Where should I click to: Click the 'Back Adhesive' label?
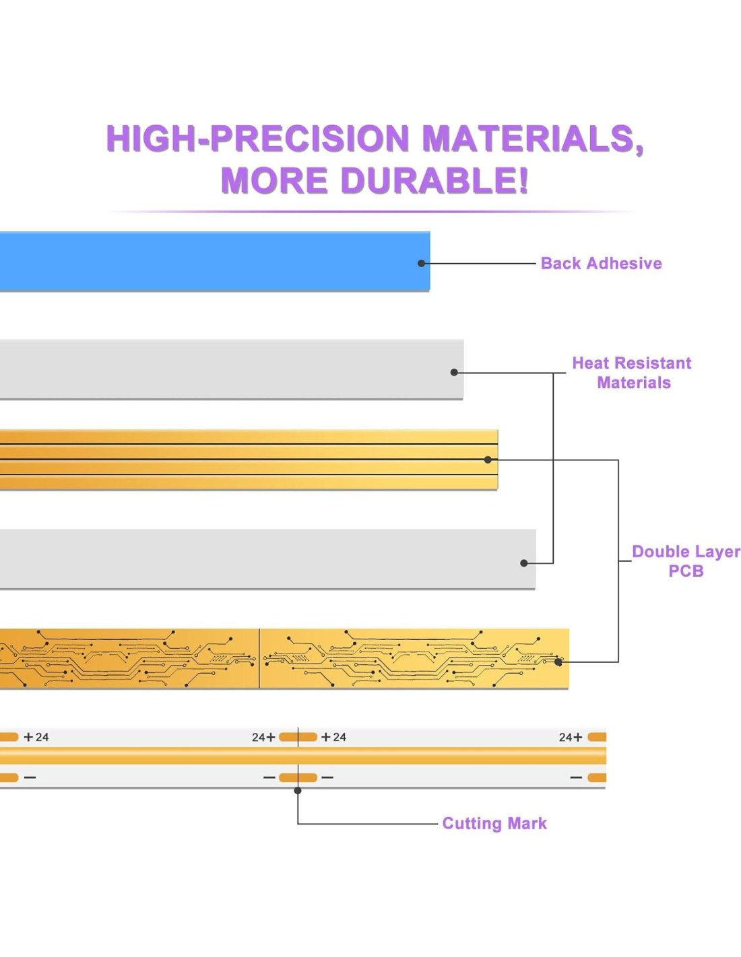pos(601,263)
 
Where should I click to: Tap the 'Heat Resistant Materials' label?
pos(632,373)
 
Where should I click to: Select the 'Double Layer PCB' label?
pos(686,561)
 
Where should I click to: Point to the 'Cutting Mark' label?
pos(494,823)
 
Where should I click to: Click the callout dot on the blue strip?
pos(422,263)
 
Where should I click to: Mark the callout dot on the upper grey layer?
pos(454,372)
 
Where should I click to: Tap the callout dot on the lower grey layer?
pos(524,563)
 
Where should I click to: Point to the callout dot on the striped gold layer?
pos(488,460)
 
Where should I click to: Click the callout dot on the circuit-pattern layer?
pos(558,662)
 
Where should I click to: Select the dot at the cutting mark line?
pos(298,790)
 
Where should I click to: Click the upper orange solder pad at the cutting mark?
pos(298,737)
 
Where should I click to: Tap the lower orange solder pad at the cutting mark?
pos(298,777)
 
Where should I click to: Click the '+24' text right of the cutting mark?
pos(334,737)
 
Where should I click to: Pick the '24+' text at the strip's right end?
pos(570,737)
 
